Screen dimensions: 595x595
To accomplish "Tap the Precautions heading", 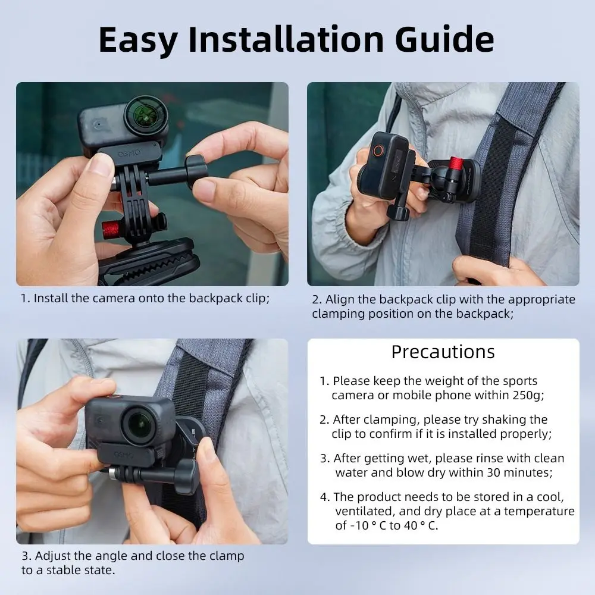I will point(443,352).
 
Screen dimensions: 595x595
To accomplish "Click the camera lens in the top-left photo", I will point(146,115).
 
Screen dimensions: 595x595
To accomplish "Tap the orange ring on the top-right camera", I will point(378,151).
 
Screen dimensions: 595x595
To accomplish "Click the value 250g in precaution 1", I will point(524,395).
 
